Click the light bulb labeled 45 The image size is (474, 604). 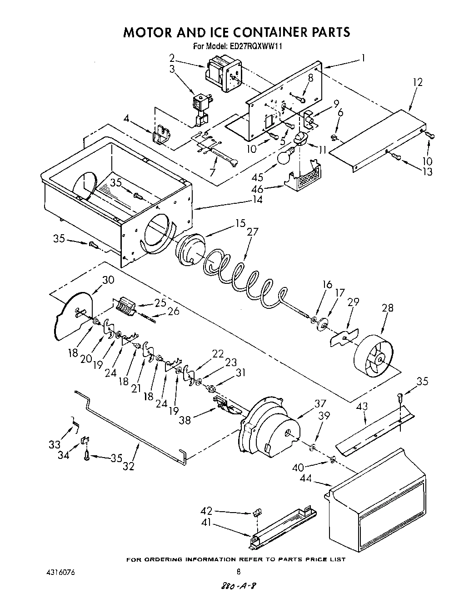coord(286,156)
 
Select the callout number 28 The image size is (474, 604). coord(388,308)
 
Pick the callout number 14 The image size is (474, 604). coord(257,199)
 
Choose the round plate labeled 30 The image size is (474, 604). coord(73,314)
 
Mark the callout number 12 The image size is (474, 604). coord(418,82)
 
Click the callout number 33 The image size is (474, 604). coord(54,444)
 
